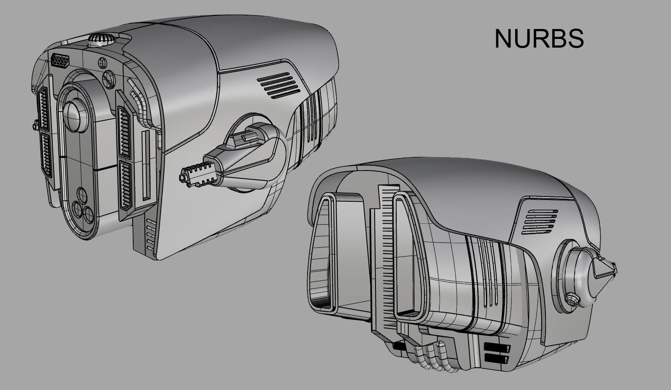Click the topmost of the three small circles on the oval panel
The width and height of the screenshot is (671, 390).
click(81, 193)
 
